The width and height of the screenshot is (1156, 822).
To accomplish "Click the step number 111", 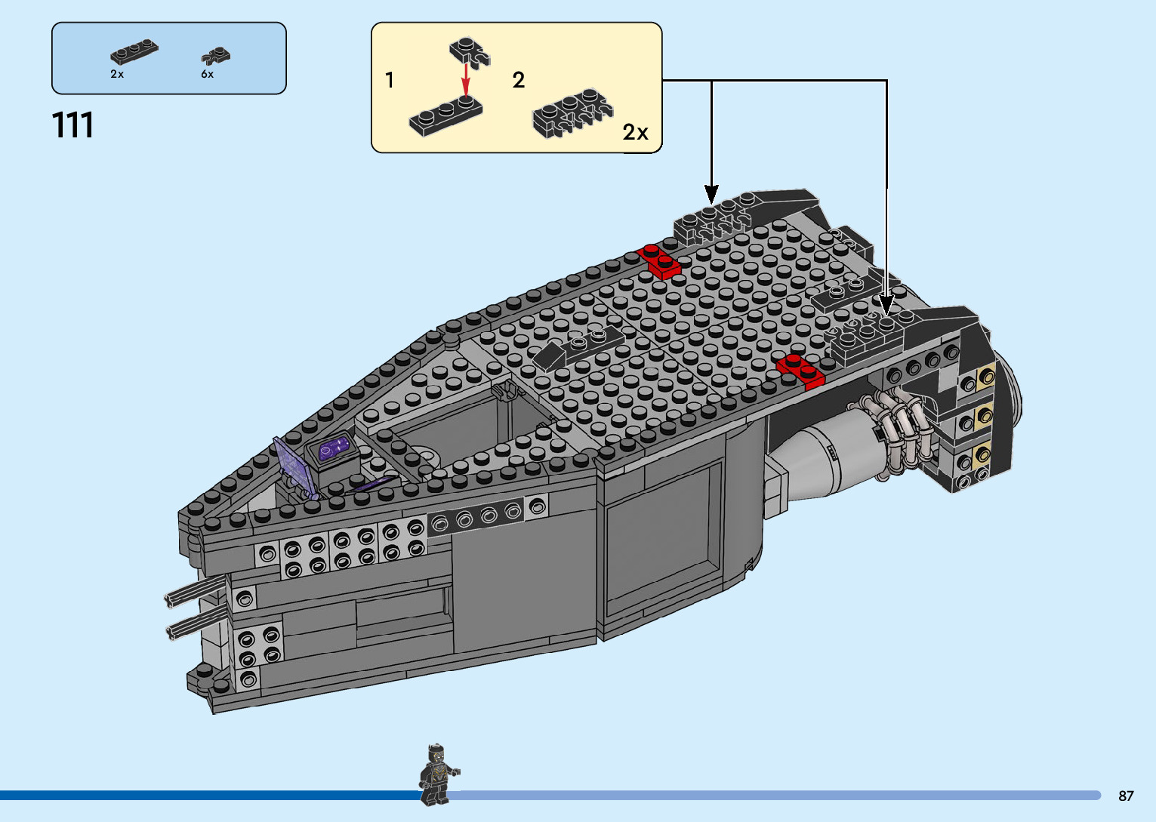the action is (x=73, y=125).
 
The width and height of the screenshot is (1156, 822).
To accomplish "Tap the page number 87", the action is (x=1126, y=796).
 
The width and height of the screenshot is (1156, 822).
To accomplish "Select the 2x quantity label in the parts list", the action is (x=117, y=74).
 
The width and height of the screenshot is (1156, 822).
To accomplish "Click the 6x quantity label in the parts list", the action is (x=207, y=74).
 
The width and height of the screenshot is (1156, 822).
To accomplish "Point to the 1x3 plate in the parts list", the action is (x=134, y=52).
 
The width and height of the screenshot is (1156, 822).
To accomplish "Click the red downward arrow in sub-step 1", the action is (x=466, y=76).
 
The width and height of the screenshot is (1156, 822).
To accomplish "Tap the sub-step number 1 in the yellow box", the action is (x=390, y=80).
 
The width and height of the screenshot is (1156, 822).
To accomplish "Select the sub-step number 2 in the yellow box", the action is (x=518, y=80).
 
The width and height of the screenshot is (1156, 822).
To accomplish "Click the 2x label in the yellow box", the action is (x=635, y=133).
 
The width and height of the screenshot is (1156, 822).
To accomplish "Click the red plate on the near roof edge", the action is (x=800, y=370).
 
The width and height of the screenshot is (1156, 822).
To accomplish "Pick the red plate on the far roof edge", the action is (x=658, y=260).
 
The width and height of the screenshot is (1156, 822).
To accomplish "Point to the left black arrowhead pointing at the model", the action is (x=711, y=193).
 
